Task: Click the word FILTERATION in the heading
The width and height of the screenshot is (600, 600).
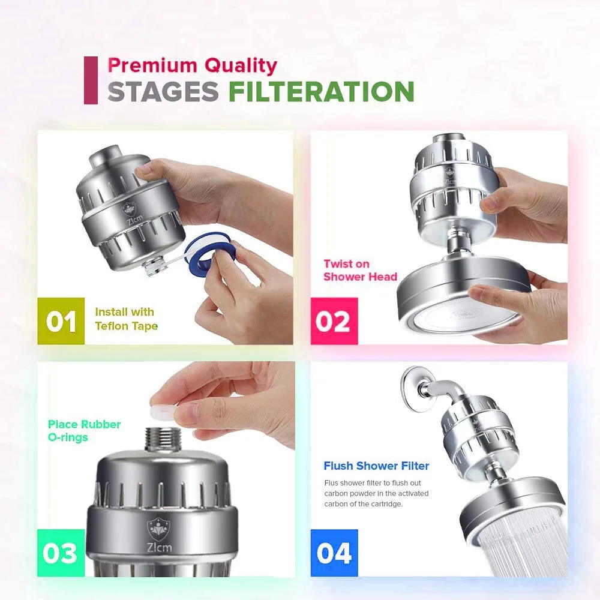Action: [321, 92]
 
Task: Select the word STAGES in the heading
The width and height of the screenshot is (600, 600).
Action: [163, 92]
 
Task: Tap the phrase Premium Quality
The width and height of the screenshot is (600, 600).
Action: [192, 65]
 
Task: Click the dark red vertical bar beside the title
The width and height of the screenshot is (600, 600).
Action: [91, 80]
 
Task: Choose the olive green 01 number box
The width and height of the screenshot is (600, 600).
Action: [61, 321]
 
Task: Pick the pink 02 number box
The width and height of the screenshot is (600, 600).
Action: [334, 321]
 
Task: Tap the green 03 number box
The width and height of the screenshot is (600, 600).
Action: [61, 553]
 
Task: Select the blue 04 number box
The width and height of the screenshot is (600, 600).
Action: [334, 553]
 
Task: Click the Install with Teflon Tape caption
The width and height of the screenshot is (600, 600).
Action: [125, 319]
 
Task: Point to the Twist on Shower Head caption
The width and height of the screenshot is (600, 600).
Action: [360, 270]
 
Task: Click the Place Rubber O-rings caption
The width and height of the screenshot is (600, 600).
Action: [84, 431]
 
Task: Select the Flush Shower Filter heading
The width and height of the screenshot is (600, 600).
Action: [376, 466]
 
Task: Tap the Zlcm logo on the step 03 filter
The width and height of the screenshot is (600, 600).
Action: [157, 533]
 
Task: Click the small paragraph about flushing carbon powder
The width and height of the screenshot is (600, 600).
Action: [376, 494]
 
